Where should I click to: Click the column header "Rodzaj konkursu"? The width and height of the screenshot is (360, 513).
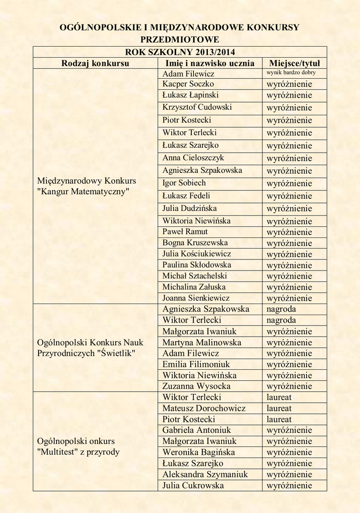tap(95, 63)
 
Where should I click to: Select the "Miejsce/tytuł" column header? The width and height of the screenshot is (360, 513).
tap(294, 63)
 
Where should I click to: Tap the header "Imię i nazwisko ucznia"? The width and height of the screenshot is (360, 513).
tap(210, 63)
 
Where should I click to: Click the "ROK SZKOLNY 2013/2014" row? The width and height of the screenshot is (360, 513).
tap(180, 52)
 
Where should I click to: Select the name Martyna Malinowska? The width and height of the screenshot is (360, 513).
tap(202, 343)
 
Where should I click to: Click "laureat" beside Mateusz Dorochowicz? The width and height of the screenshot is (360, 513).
tap(279, 408)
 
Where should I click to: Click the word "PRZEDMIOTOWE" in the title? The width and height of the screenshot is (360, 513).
tap(180, 39)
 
